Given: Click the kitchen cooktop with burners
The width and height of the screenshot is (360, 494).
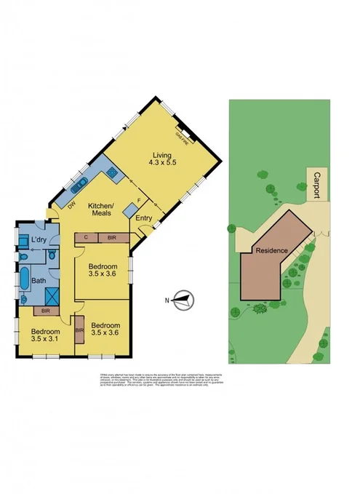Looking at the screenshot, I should (112, 172).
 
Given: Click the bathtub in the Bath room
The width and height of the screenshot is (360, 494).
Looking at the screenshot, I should (25, 278).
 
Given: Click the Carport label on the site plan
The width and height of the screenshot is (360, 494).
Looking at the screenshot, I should (317, 185).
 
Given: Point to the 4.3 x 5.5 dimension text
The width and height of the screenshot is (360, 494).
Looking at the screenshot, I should (162, 163).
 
